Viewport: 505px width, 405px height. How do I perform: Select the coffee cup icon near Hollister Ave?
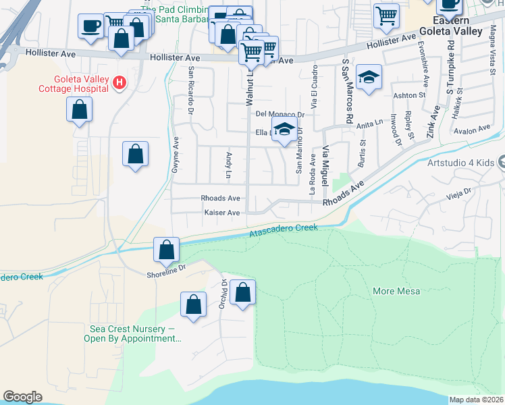[90, 27]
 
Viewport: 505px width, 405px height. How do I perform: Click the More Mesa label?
[396, 291]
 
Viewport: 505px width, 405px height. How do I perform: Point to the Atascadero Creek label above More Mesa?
[284, 230]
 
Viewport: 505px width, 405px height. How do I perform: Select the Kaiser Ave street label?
[222, 213]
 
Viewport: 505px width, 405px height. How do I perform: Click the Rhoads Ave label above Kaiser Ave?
[220, 198]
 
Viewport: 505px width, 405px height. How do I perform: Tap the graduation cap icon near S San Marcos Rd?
[369, 78]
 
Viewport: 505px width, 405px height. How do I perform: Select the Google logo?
[23, 397]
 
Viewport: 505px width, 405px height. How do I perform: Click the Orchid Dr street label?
[221, 294]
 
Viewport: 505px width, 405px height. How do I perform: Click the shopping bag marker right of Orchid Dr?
[243, 293]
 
